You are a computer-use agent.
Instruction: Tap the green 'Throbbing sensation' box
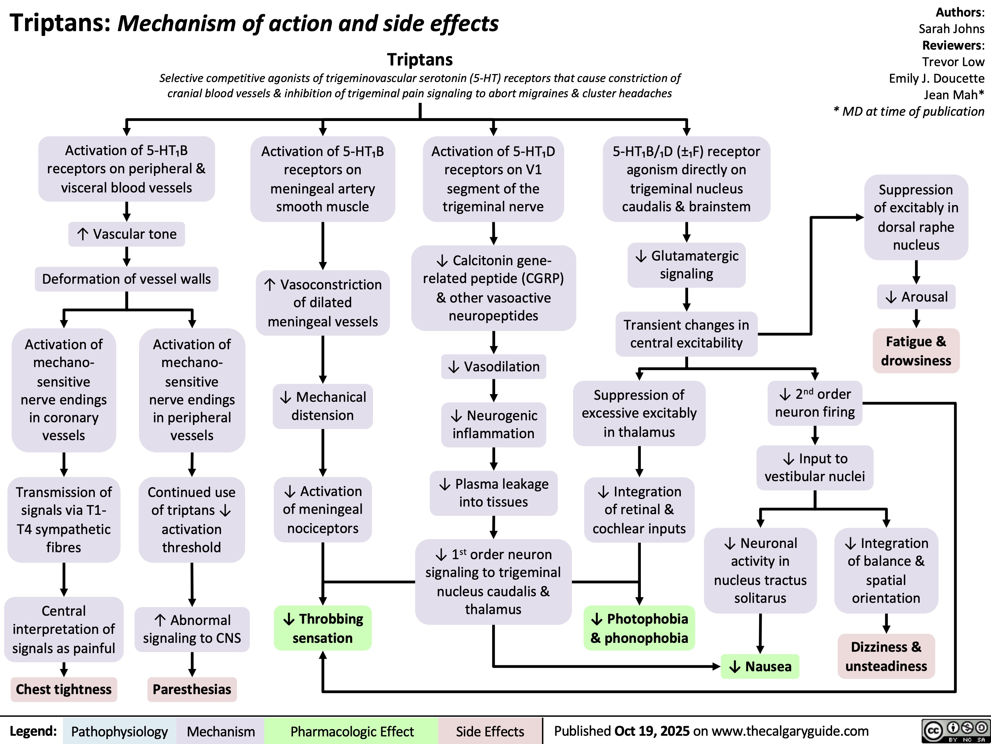(x=322, y=628)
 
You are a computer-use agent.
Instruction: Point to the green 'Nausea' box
(x=760, y=666)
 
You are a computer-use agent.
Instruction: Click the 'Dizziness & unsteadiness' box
(x=886, y=656)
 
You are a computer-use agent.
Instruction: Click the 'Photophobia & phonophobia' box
(x=639, y=628)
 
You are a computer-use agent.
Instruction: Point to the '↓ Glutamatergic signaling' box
(x=686, y=265)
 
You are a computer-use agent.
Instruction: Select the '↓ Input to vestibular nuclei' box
(x=815, y=467)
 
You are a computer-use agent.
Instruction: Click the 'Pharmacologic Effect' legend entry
(x=352, y=731)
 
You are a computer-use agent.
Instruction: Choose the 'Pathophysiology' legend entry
(x=119, y=731)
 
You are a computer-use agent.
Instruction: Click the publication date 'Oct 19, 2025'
(x=652, y=731)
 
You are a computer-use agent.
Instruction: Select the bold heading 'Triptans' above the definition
(x=420, y=59)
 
